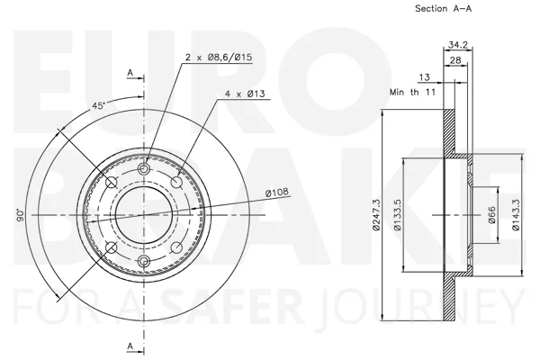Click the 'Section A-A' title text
(443, 8)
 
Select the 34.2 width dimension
(458, 45)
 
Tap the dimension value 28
(455, 60)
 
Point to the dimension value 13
(424, 76)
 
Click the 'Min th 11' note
(412, 92)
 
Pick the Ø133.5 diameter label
(398, 214)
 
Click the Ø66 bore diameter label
(491, 214)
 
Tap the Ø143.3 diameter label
(516, 214)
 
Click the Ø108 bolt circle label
(277, 192)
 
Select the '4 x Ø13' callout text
(245, 94)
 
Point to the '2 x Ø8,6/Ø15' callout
(219, 57)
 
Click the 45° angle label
(98, 105)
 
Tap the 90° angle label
(21, 214)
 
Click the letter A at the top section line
(130, 73)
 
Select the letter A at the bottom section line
(130, 346)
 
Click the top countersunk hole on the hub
(144, 169)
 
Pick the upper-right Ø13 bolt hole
(176, 182)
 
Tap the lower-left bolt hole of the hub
(111, 247)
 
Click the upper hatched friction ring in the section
(449, 132)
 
